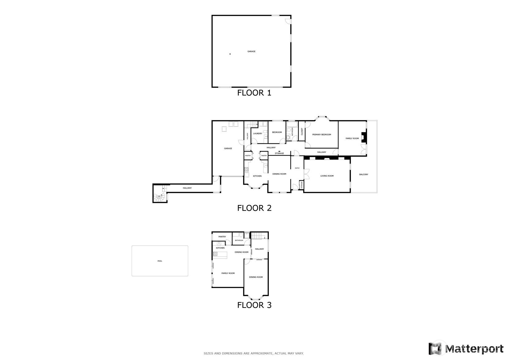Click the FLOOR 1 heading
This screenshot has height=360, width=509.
(254, 93)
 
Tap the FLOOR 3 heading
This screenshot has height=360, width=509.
(254, 305)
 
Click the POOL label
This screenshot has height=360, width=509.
(160, 261)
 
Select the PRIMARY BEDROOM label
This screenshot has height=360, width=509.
(321, 135)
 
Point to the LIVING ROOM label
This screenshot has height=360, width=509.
(327, 176)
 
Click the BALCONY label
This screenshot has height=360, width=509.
(363, 174)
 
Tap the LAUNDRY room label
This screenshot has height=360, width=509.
(258, 134)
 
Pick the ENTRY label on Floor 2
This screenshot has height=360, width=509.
(297, 168)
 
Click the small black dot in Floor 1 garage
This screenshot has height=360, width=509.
(230, 54)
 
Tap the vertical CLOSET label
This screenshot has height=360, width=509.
(302, 131)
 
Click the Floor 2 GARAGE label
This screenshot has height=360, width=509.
(228, 148)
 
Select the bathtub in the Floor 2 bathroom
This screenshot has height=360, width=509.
(292, 125)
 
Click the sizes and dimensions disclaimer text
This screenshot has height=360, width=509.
(254, 354)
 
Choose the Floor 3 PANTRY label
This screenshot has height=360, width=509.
(222, 237)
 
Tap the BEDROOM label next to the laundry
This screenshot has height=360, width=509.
(277, 132)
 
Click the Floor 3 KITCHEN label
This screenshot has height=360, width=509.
(220, 248)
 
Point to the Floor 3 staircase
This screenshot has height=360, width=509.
(258, 235)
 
